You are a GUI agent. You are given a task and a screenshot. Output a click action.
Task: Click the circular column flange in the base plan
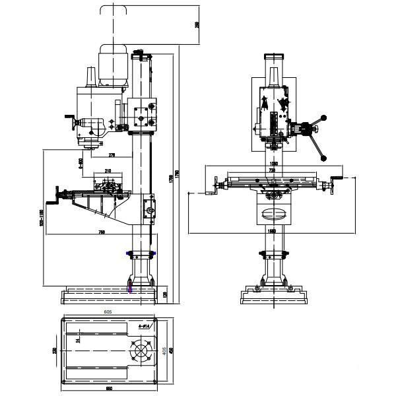[x=141, y=351]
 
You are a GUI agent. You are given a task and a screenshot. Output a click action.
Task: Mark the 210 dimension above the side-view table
[x=108, y=172]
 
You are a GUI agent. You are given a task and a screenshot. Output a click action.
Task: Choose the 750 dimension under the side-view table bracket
[x=102, y=232]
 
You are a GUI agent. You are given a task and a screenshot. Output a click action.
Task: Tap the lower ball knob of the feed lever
[x=324, y=158]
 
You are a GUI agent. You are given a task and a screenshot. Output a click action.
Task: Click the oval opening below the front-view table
[x=272, y=213]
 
